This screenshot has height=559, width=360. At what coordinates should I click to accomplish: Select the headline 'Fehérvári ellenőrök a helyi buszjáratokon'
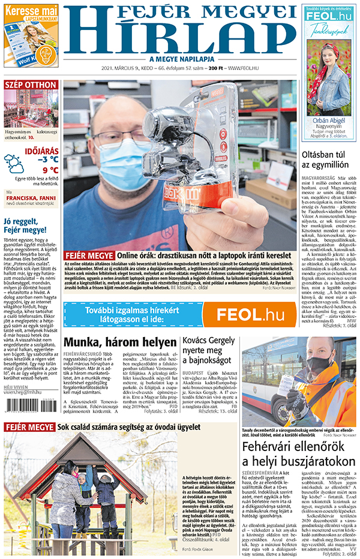pyautogui.click(x=299, y=470)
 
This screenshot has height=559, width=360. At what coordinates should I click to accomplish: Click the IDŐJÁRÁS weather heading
pyautogui.click(x=41, y=151)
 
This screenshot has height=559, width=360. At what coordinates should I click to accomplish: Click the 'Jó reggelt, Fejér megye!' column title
pyautogui.click(x=25, y=226)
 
